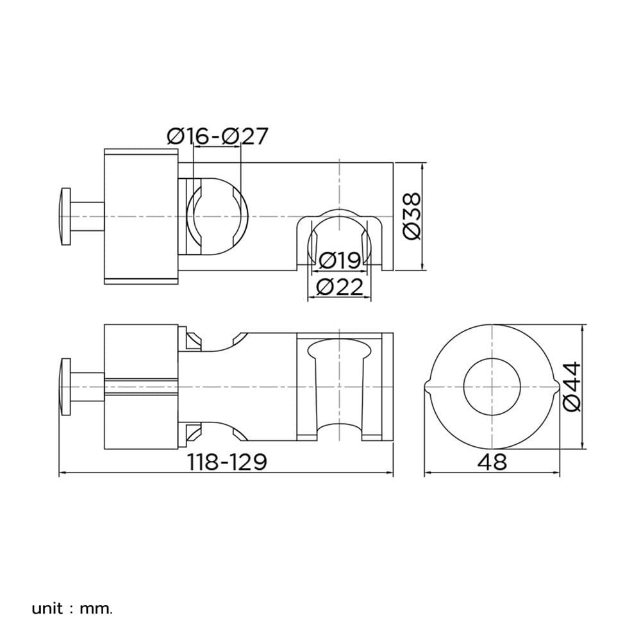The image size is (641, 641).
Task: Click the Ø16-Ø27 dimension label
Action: pyautogui.click(x=217, y=136)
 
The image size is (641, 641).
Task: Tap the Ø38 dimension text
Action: pyautogui.click(x=412, y=216)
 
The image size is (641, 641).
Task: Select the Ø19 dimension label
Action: pyautogui.click(x=339, y=260)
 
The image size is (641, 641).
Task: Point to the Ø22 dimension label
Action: pyautogui.click(x=340, y=287)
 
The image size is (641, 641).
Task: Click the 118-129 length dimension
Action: pyautogui.click(x=228, y=462)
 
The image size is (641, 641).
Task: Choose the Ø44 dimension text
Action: pyautogui.click(x=572, y=387)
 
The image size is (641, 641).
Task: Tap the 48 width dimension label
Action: pyautogui.click(x=492, y=462)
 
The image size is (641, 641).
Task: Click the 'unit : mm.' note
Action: pyautogui.click(x=72, y=609)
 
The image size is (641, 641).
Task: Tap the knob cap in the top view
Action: pyautogui.click(x=65, y=216)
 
